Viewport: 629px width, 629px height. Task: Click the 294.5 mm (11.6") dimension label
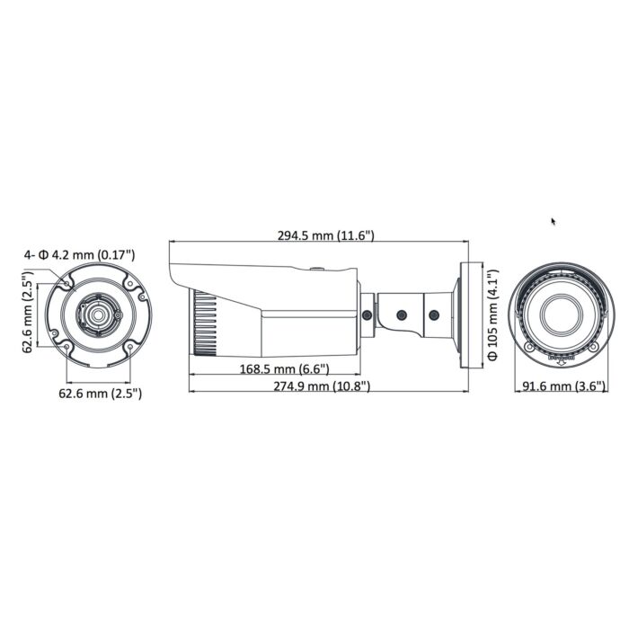click(x=325, y=235)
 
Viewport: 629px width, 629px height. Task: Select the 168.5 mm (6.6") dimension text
click(x=285, y=369)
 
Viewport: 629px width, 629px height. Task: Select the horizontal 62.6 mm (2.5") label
click(x=100, y=393)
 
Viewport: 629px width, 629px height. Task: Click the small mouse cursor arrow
click(x=554, y=221)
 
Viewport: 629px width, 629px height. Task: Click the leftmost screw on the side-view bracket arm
click(x=368, y=314)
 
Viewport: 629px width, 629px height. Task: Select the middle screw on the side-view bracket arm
click(x=402, y=315)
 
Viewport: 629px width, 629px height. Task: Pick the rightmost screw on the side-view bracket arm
click(x=434, y=315)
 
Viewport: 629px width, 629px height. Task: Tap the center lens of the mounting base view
click(x=96, y=314)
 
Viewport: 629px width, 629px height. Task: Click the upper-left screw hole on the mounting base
click(x=68, y=284)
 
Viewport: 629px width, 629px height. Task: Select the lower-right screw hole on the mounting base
click(x=128, y=346)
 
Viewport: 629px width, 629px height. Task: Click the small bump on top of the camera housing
click(x=316, y=267)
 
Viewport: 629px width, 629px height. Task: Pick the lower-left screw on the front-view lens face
click(x=530, y=347)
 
